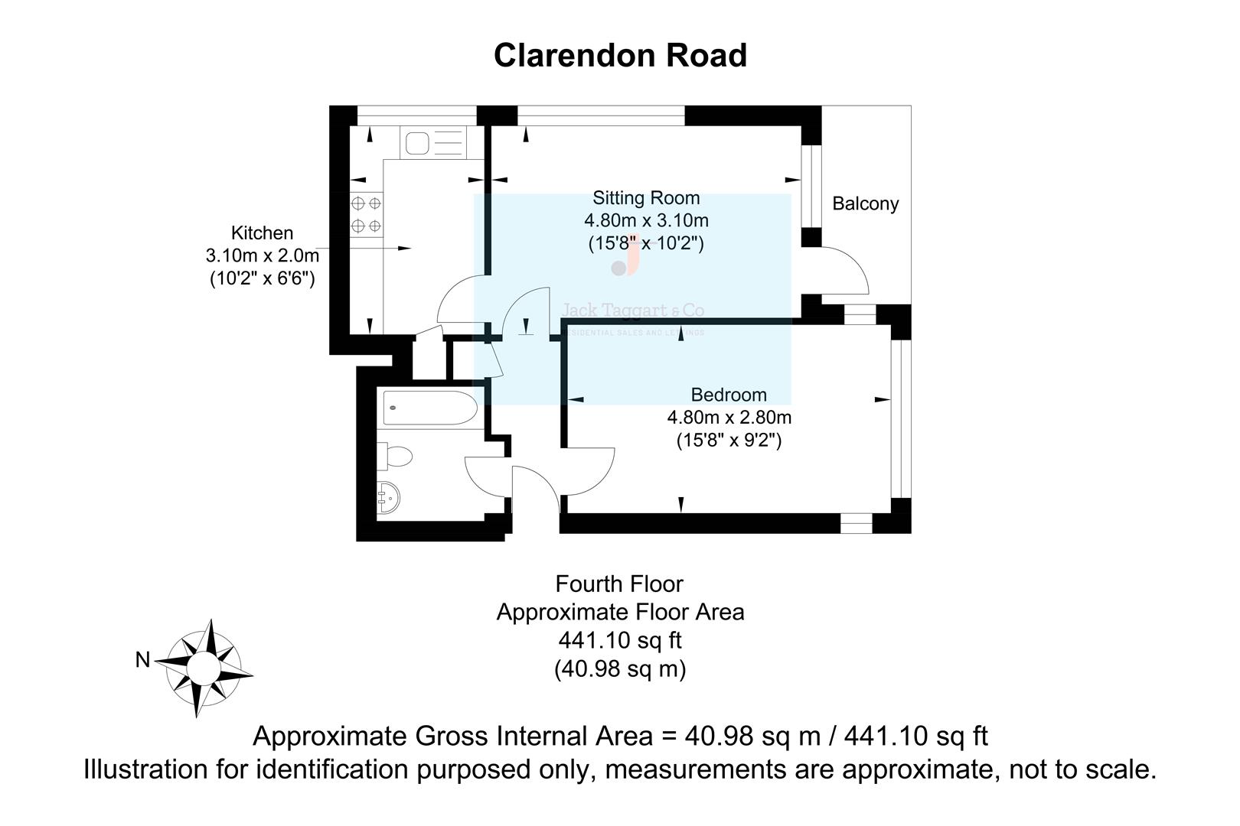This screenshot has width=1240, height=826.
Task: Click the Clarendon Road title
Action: (620, 55)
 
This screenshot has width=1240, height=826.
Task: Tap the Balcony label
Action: (865, 203)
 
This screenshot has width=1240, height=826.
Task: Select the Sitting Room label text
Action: (646, 197)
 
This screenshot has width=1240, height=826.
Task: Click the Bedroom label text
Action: (728, 395)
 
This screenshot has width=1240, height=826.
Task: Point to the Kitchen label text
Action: (262, 233)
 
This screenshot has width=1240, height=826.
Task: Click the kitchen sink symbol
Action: (418, 143)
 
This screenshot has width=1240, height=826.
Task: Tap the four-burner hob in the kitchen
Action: (366, 215)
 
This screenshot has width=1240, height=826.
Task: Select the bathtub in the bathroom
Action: (429, 407)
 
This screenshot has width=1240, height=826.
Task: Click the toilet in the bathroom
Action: (397, 457)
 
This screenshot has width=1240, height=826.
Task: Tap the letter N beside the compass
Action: (142, 659)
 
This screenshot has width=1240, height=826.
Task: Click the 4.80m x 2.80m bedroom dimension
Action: (729, 418)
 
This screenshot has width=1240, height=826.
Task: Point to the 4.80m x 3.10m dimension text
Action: (646, 220)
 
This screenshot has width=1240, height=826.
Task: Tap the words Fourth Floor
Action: (619, 584)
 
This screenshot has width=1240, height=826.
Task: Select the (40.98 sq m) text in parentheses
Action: (619, 668)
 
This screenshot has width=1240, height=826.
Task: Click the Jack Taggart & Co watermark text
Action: (633, 311)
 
